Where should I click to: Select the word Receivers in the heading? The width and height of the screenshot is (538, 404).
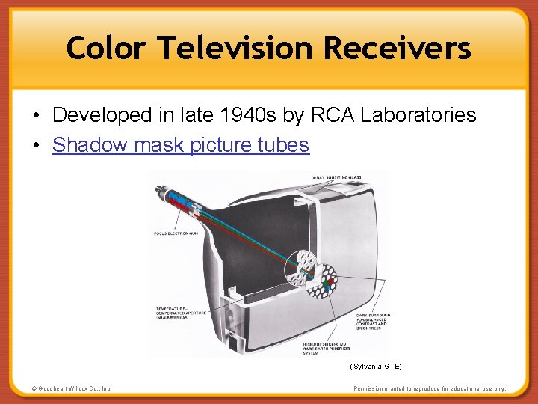(x=397, y=49)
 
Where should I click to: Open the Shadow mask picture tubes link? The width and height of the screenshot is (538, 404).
(x=180, y=144)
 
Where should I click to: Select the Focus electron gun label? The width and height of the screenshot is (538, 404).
(x=177, y=234)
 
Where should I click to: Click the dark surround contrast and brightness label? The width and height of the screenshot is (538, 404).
(x=372, y=322)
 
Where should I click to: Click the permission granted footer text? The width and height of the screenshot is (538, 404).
(x=430, y=389)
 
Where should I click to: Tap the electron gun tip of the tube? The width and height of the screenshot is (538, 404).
(x=158, y=189)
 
